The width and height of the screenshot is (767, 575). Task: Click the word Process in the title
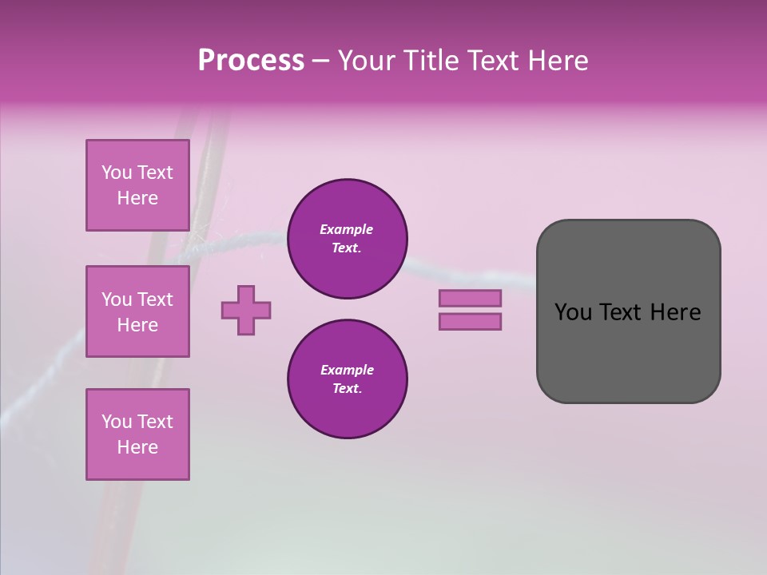[x=251, y=61]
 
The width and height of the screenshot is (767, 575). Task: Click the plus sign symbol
[x=246, y=310]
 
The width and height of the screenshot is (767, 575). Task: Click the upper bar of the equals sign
[x=470, y=299]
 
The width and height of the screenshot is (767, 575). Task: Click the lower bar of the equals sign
[x=470, y=322]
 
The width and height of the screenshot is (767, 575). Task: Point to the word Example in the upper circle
[x=347, y=229]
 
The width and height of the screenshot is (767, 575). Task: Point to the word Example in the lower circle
[x=347, y=370]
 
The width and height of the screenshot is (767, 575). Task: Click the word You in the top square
[x=117, y=172]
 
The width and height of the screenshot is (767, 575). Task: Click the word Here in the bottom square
[x=137, y=447]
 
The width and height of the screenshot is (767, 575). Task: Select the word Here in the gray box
[x=675, y=312]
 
